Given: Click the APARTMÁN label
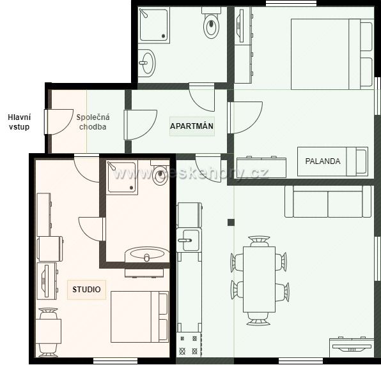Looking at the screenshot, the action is coord(192,126).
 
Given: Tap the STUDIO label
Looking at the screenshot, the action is coord(86,289).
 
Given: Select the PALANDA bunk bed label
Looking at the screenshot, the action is coord(323,161).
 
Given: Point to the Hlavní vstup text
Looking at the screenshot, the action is coord(19,122).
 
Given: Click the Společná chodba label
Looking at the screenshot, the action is coord(93,122).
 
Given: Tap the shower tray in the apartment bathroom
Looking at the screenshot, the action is coord(154,25).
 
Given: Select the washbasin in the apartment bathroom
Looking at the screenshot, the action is coord(147,63).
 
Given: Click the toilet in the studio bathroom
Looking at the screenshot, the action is coord(159,172).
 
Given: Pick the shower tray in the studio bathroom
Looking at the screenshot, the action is coord(122,177).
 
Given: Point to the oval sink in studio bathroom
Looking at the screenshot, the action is coord(147,255).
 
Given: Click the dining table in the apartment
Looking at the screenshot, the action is coord(260,279).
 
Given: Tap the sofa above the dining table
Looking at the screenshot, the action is coord(328,201).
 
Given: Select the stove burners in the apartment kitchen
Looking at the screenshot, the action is coord(189,345).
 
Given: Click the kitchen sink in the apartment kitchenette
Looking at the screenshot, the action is coord(189,241).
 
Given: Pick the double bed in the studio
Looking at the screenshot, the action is coord(139,317).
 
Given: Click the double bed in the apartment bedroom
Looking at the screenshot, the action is coord(332,54).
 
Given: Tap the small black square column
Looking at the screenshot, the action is coord(231,223).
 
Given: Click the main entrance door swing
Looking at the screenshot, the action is coord(59,122).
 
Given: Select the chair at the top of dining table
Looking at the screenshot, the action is coord(259,241).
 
